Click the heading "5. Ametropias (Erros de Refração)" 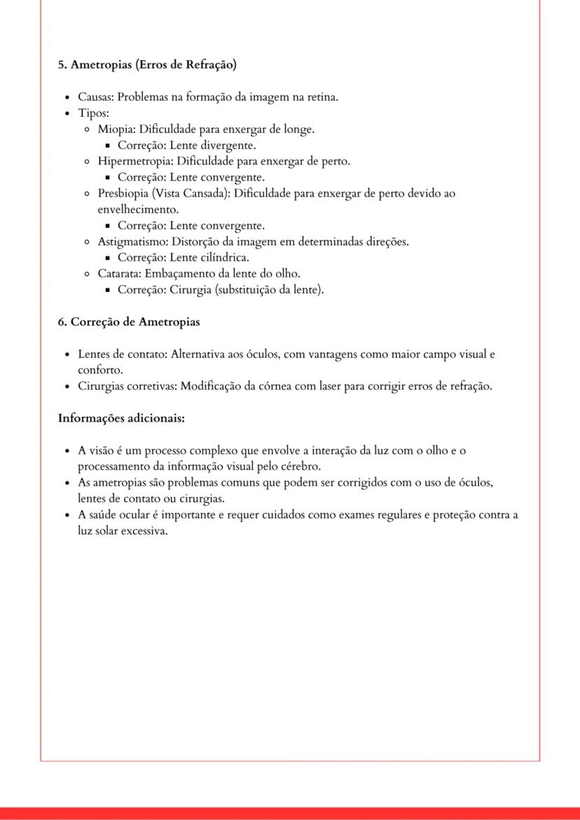click(147, 65)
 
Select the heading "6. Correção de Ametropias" click(129, 322)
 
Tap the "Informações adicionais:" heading click(121, 418)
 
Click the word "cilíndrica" click(221, 258)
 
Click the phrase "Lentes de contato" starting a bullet click(120, 354)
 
